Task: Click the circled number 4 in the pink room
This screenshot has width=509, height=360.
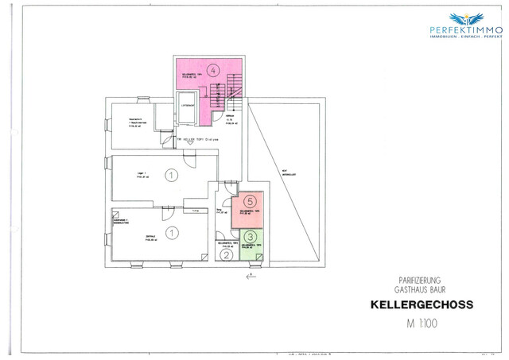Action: (x=212, y=71)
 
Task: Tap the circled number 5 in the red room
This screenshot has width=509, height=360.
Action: (x=250, y=202)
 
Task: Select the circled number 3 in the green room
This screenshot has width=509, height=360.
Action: (x=251, y=236)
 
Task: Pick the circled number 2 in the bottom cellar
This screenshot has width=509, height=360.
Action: (x=227, y=254)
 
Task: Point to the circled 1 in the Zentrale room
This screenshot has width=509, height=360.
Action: (x=172, y=232)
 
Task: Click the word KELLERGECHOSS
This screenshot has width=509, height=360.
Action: (x=422, y=304)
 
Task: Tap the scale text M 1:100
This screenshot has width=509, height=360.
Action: (x=422, y=323)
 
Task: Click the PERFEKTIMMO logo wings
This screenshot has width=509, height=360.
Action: (x=465, y=17)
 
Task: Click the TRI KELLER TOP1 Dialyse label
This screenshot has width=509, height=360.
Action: (x=198, y=138)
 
